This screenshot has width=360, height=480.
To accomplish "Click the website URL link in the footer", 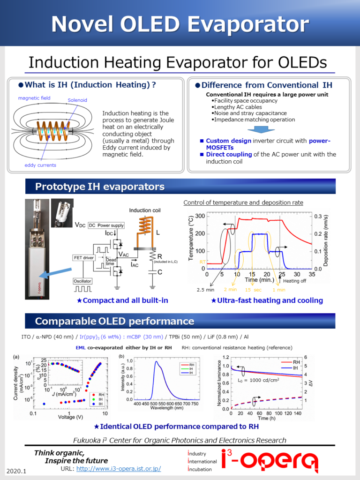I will [118, 469].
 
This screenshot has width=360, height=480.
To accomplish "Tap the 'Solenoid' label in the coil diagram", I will [77, 100].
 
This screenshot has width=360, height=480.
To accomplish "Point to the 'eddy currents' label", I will [40, 165].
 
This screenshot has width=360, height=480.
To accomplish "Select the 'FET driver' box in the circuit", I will [83, 257].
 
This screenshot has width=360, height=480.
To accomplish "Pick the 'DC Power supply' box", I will [106, 225].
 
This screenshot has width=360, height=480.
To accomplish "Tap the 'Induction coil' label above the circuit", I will [145, 210].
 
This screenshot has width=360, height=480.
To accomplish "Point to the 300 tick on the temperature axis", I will [198, 216].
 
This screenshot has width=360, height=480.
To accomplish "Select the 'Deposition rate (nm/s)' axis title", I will [325, 241].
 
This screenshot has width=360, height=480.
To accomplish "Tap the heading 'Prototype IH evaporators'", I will [100, 187].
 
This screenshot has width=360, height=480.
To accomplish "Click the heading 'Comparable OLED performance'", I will [114, 321].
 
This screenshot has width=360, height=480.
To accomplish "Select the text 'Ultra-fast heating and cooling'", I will [267, 300].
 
